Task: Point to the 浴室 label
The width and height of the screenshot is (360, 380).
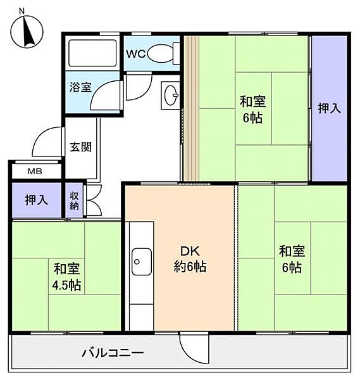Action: click(x=80, y=87)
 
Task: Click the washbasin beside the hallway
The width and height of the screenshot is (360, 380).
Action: click(x=171, y=96)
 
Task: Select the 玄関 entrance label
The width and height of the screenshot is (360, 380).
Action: click(x=81, y=147)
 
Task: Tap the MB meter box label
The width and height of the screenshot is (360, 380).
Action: click(x=35, y=171)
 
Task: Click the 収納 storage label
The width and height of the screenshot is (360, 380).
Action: click(x=74, y=200)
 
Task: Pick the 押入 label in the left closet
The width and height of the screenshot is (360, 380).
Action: click(x=36, y=201)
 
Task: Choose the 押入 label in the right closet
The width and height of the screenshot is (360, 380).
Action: click(x=329, y=108)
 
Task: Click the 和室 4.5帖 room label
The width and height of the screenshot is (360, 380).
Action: click(x=66, y=277)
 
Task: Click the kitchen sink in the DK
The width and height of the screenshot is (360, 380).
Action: click(x=140, y=260)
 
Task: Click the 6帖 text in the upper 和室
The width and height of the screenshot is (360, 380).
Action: click(x=252, y=118)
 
